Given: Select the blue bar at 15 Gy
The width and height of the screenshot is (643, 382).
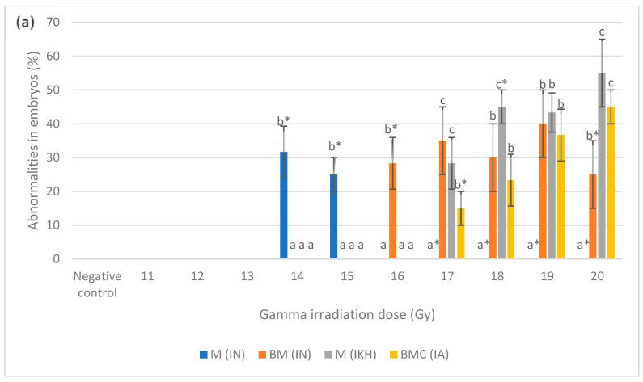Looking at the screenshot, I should pyautogui.click(x=333, y=216).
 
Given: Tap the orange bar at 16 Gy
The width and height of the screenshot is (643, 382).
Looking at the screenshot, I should pyautogui.click(x=393, y=211).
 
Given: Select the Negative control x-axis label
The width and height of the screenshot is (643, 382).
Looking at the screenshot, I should pyautogui.click(x=97, y=283).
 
